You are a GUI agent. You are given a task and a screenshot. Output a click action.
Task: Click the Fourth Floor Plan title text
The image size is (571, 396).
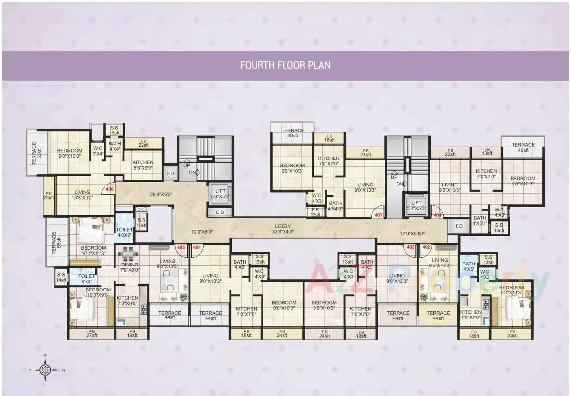[285, 65]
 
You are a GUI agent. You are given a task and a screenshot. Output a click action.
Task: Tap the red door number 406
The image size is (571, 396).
[109, 188]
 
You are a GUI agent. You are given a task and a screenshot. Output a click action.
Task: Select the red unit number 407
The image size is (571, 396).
[378, 215]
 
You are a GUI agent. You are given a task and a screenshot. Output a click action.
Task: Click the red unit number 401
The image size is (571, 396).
[436, 215]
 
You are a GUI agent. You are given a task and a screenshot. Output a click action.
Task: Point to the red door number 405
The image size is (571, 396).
[181, 247]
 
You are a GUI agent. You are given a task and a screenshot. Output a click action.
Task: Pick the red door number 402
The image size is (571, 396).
[426, 247]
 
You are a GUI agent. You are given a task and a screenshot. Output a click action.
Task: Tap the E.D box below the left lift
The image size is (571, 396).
[220, 212]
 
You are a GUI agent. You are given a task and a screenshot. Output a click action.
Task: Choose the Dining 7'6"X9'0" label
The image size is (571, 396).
[130, 267]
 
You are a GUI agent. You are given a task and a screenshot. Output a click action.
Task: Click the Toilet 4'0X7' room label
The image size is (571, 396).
[124, 232]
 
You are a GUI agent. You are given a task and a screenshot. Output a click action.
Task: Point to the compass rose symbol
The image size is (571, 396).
[45, 370]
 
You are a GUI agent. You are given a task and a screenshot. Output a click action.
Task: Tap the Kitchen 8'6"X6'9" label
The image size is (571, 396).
[143, 165]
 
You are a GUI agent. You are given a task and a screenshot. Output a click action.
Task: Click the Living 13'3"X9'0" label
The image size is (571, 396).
[82, 195]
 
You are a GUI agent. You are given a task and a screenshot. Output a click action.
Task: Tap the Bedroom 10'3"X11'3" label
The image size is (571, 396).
[93, 251]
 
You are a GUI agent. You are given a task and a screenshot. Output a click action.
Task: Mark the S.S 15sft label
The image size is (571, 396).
[114, 130]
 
